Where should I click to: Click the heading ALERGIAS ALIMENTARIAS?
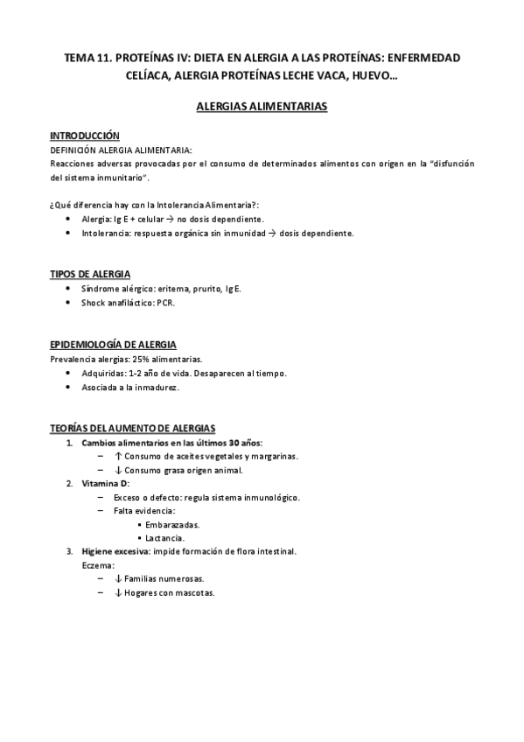[x=262, y=107]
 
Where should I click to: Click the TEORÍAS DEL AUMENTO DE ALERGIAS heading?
[x=132, y=428]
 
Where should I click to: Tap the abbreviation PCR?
[x=165, y=302]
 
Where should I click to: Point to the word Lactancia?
[x=166, y=537]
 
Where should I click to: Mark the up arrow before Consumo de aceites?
[x=118, y=456]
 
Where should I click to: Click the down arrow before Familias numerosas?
[x=118, y=578]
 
